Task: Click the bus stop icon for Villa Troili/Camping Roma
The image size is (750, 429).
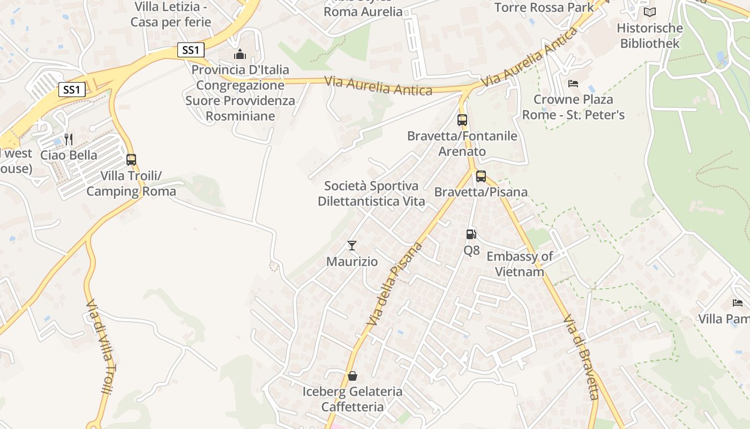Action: point(131,159)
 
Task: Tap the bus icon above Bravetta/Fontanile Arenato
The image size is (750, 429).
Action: point(462,120)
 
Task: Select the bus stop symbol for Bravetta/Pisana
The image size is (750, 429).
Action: point(481,176)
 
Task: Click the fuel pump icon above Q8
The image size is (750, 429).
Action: point(471,234)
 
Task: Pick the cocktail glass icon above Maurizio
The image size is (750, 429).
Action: point(352,246)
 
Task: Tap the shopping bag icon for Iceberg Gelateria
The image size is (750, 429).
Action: point(352,375)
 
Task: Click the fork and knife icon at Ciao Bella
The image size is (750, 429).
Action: point(68,139)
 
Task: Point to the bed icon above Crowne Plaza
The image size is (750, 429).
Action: point(573,84)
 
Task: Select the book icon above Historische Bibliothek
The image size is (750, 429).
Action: point(650,12)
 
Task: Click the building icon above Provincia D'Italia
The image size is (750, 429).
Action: point(240,54)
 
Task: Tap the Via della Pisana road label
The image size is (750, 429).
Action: point(395,284)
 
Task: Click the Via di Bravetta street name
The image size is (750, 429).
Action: point(582,358)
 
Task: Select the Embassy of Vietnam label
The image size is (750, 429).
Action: point(519,264)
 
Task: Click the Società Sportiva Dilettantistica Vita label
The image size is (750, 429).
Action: point(371,194)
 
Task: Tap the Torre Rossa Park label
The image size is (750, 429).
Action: point(544,8)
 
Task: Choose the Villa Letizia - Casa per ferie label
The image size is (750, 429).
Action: point(171,14)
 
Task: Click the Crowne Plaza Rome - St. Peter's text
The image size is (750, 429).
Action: point(573,107)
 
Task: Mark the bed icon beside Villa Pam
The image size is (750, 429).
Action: point(738,303)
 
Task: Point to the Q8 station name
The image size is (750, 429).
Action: point(471,250)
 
